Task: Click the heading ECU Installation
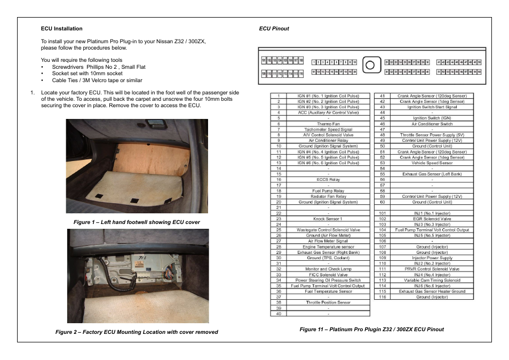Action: click(62, 29)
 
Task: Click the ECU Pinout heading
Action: click(274, 29)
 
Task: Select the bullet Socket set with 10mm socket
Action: click(87, 74)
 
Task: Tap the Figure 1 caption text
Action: click(137, 221)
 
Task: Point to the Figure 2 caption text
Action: click(137, 332)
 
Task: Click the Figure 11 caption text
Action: click(371, 329)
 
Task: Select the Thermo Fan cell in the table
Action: click(328, 124)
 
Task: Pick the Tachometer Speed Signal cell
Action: click(328, 130)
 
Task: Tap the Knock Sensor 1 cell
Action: click(328, 219)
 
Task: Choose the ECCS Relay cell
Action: click(328, 180)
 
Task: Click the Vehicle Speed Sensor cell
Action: click(432, 163)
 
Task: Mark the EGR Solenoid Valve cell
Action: click(432, 219)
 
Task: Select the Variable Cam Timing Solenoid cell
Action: click(432, 280)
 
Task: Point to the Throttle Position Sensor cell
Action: click(328, 302)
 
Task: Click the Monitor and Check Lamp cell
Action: click(328, 269)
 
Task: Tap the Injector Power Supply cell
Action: click(432, 258)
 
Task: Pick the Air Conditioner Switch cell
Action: click(432, 124)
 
